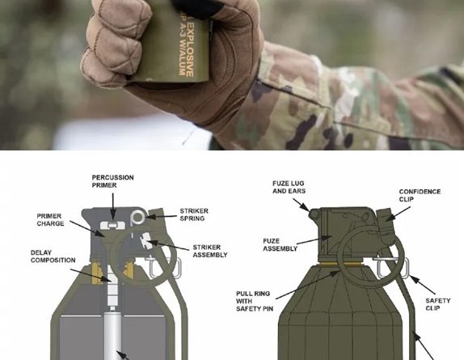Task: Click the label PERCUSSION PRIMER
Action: (112, 181)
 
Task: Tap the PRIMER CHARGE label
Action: (50, 220)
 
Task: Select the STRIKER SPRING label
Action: (194, 214)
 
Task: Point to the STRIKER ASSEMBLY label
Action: (210, 251)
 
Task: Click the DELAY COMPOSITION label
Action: (53, 256)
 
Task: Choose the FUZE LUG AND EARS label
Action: (289, 187)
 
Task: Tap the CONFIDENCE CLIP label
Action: (420, 196)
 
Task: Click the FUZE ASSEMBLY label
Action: (280, 244)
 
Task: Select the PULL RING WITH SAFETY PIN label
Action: (255, 301)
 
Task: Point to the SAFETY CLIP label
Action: (437, 304)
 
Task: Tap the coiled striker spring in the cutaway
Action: (138, 217)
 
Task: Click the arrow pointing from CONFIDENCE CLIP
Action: (398, 214)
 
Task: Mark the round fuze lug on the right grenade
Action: (314, 214)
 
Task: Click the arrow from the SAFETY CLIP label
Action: (423, 285)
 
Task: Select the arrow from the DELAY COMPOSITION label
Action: (91, 275)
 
